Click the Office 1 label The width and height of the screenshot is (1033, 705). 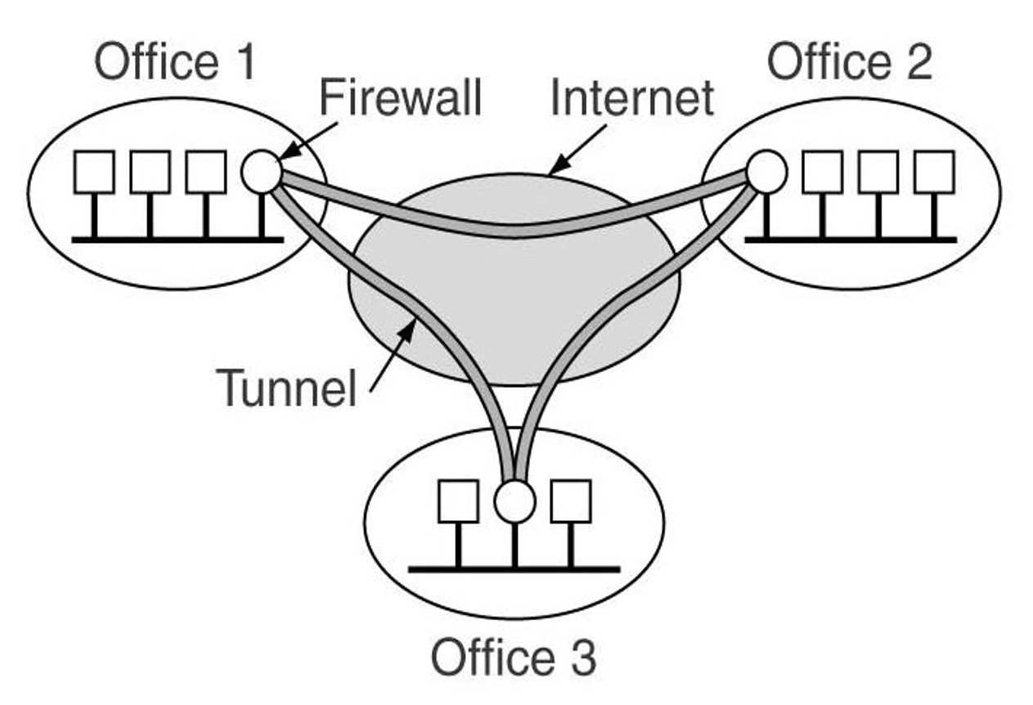pyautogui.click(x=175, y=64)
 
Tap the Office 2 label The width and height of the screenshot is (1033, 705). pyautogui.click(x=850, y=62)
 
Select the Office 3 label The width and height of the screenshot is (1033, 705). pyautogui.click(x=514, y=658)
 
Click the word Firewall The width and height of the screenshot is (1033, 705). pyautogui.click(x=400, y=98)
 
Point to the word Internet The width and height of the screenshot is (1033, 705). pyautogui.click(x=631, y=98)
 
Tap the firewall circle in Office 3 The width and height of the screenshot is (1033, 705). pyautogui.click(x=514, y=501)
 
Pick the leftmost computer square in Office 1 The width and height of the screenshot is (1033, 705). pyautogui.click(x=94, y=173)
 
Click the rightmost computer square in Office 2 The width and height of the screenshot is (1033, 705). pyautogui.click(x=934, y=173)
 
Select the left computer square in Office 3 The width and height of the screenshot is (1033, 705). pyautogui.click(x=458, y=501)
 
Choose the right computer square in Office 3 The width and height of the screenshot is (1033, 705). pyautogui.click(x=570, y=501)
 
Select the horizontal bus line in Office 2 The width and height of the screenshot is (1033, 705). pyautogui.click(x=851, y=240)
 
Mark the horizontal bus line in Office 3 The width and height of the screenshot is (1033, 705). pyautogui.click(x=514, y=568)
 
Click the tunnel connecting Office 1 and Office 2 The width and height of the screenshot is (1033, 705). pyautogui.click(x=515, y=230)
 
